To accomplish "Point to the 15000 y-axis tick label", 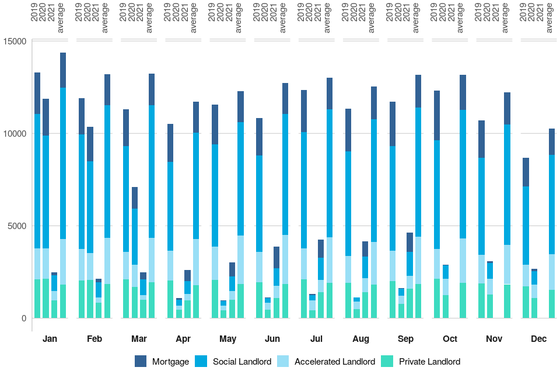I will point(15,41).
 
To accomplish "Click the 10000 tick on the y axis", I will point(15,134).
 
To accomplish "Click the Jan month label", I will point(50,339).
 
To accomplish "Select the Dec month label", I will point(538,339).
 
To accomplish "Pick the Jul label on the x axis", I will point(317,339).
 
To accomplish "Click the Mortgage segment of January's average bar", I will point(63,70).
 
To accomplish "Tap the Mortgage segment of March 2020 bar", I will point(135,198).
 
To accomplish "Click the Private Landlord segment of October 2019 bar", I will point(437,298).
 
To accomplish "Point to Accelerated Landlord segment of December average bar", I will point(551,272).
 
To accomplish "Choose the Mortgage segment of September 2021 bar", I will point(410,242).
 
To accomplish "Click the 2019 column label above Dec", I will point(523,13).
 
